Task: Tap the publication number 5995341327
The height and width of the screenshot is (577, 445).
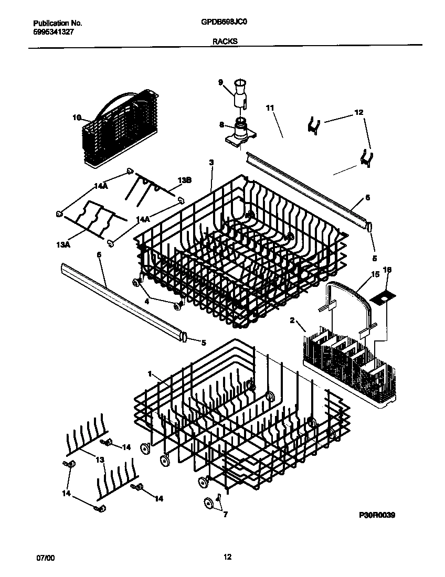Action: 51,31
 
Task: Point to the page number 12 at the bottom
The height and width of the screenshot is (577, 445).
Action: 227,558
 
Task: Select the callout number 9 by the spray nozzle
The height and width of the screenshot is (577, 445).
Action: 220,82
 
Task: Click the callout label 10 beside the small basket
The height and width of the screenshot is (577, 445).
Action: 77,117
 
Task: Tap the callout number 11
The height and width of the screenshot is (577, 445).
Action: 270,108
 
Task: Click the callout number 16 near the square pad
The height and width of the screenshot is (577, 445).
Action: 388,270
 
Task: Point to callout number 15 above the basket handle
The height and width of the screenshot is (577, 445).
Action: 375,274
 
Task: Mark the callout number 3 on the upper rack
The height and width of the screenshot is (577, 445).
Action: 211,163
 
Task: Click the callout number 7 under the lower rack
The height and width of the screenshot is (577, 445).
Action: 226,515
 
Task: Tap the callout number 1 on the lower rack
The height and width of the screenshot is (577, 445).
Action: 150,374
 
